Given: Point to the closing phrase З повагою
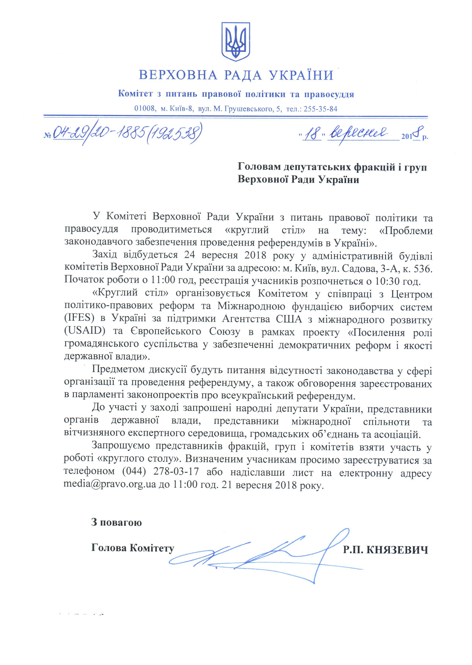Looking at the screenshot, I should pos(116,522).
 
